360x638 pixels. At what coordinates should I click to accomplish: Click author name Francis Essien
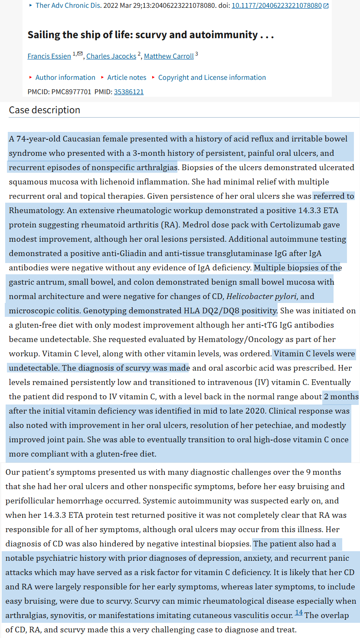coord(49,56)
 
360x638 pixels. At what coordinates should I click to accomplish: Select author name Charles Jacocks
coord(111,56)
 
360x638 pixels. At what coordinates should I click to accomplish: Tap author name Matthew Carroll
coord(169,56)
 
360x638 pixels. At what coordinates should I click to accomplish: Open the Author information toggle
coord(65,77)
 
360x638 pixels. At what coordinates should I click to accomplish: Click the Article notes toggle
coord(127,77)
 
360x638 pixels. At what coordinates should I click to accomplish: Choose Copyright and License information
coord(212,77)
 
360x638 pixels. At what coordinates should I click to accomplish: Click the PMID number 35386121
coord(129,92)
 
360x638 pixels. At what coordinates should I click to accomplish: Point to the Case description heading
coord(45,110)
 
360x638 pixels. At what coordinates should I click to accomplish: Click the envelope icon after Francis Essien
coord(80,53)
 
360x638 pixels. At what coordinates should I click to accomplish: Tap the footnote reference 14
coord(299,612)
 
